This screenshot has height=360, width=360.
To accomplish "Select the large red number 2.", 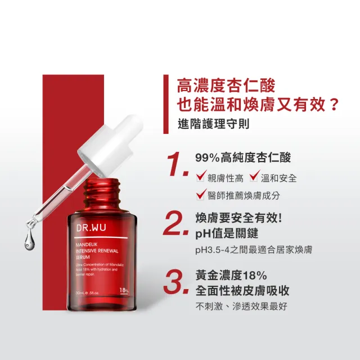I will [x=174, y=224].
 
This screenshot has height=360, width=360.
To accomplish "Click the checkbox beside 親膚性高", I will [x=200, y=178].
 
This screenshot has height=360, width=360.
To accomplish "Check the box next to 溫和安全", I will [x=253, y=178].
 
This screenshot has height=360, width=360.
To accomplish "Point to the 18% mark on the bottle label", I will [x=124, y=290].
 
